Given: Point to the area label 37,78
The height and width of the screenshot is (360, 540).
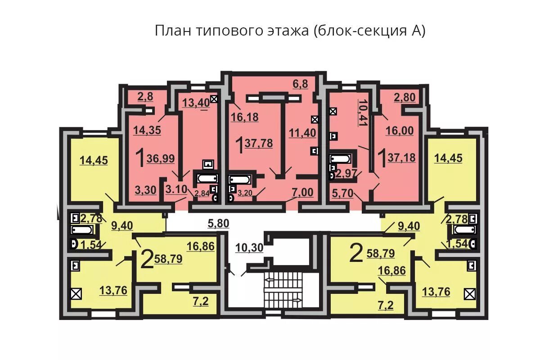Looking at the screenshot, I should [259, 144].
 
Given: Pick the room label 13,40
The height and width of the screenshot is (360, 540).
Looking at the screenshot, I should [196, 103].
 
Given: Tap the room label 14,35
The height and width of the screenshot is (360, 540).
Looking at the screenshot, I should [147, 130].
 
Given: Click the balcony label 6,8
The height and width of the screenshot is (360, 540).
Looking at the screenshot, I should [300, 84].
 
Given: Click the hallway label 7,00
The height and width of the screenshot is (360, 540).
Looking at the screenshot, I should [302, 192].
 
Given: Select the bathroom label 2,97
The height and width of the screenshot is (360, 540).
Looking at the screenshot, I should [346, 174].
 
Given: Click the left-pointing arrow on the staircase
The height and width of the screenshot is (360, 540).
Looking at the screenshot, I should [270, 279].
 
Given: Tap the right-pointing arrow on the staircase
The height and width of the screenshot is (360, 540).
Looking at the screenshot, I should [298, 300].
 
